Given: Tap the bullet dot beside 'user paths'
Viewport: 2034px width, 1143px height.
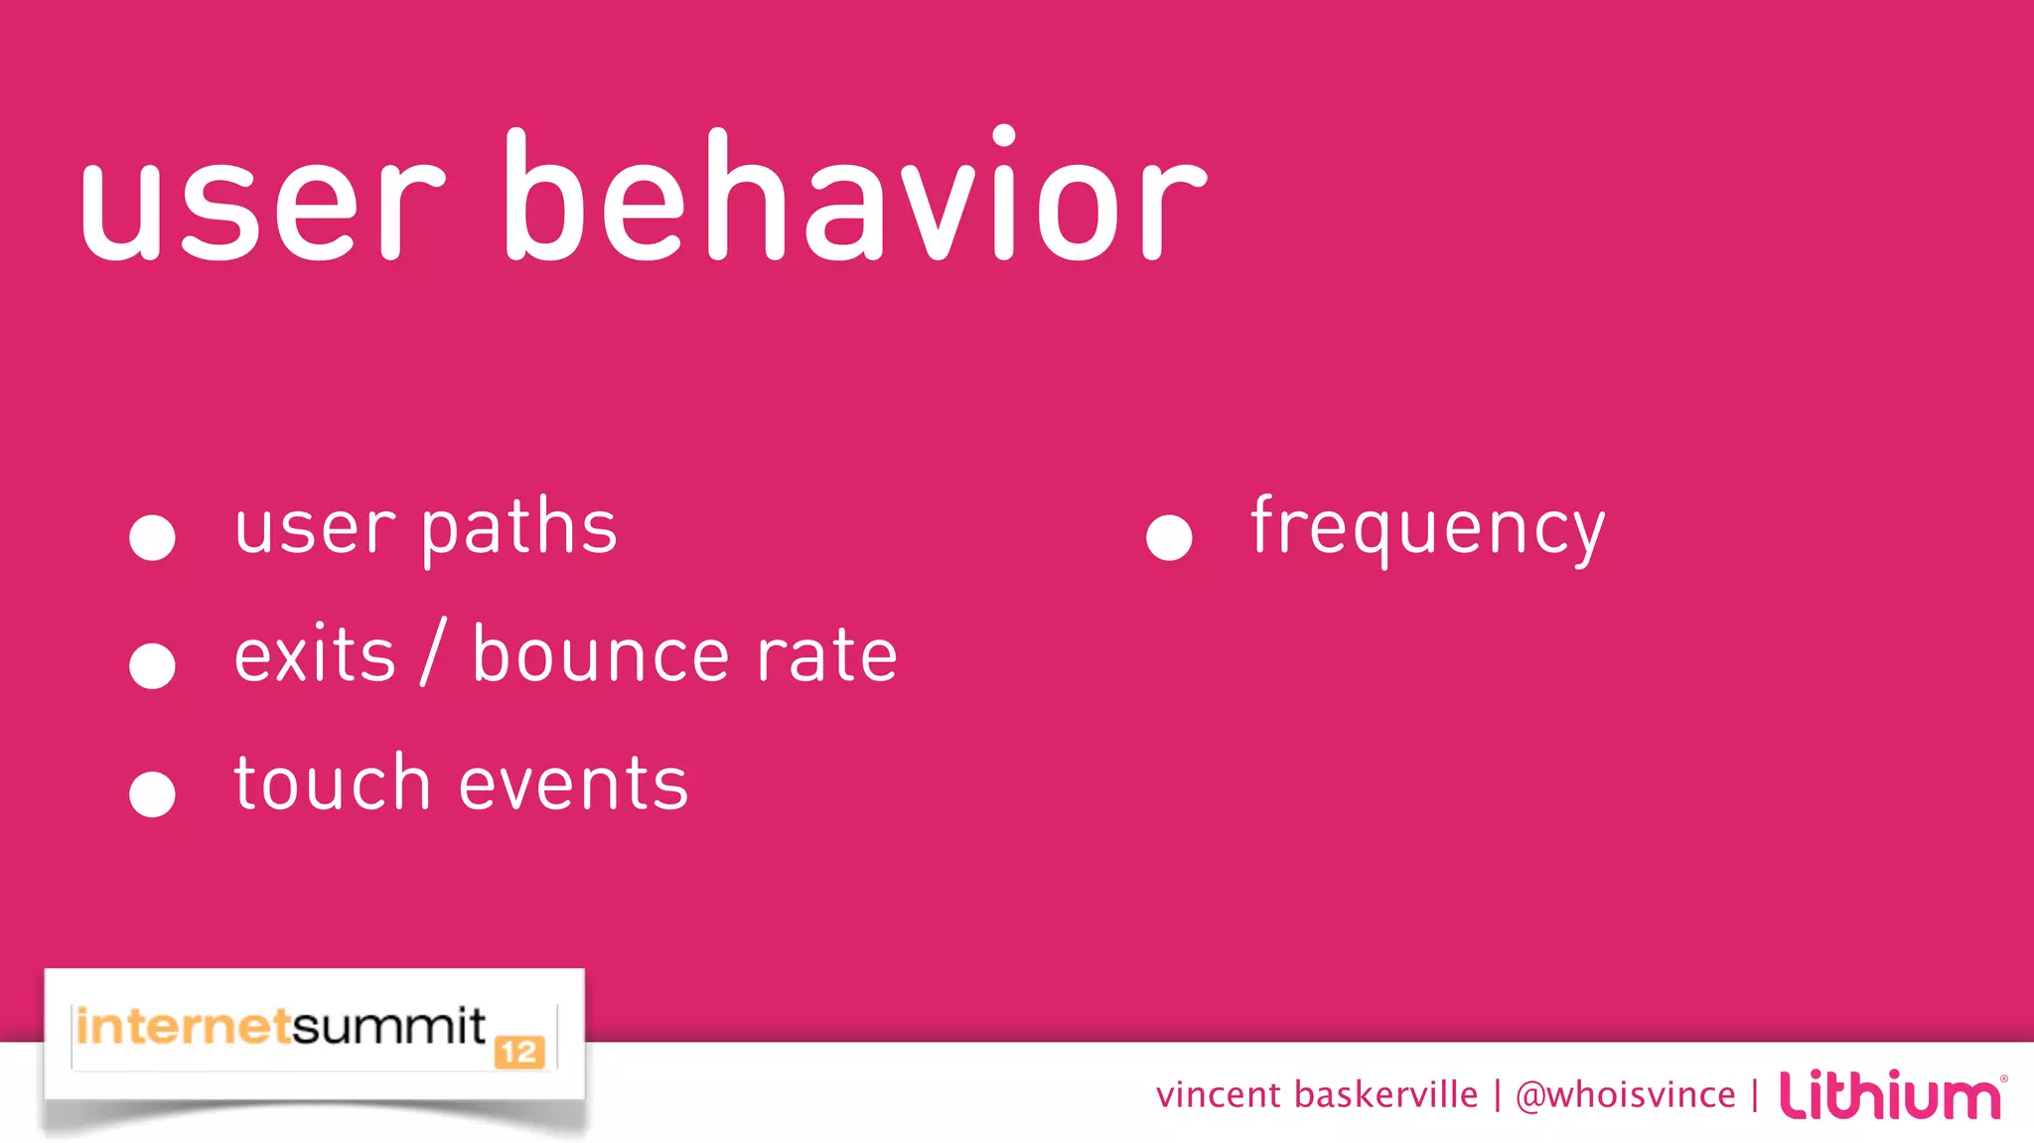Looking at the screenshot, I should tap(152, 537).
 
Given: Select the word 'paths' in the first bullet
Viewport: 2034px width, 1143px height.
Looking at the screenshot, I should tap(518, 528).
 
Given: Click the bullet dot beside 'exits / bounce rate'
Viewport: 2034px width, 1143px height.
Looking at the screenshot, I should tap(152, 665).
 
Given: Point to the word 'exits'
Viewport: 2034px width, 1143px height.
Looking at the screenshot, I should tap(315, 655).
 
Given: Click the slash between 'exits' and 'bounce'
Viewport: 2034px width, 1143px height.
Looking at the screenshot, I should tap(433, 652).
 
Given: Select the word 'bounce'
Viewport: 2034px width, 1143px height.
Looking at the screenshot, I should tap(601, 655).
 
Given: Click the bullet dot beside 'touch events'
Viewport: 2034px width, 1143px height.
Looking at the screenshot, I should tap(152, 793).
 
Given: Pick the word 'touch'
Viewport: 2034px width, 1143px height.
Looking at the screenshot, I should tap(332, 784).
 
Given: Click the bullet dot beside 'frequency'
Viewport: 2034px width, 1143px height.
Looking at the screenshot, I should tap(1169, 537).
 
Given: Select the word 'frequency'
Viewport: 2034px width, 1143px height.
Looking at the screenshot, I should tap(1427, 528).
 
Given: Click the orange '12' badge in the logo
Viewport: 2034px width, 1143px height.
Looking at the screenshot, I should tap(519, 1052).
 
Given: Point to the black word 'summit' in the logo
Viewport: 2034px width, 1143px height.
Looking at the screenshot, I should tap(388, 1027).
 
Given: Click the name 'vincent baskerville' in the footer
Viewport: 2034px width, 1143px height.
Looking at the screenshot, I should tap(1316, 1095).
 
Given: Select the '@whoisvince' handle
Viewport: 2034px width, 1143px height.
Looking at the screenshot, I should tap(1625, 1095).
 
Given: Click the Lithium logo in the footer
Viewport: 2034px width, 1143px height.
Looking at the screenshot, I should tap(1890, 1095).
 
